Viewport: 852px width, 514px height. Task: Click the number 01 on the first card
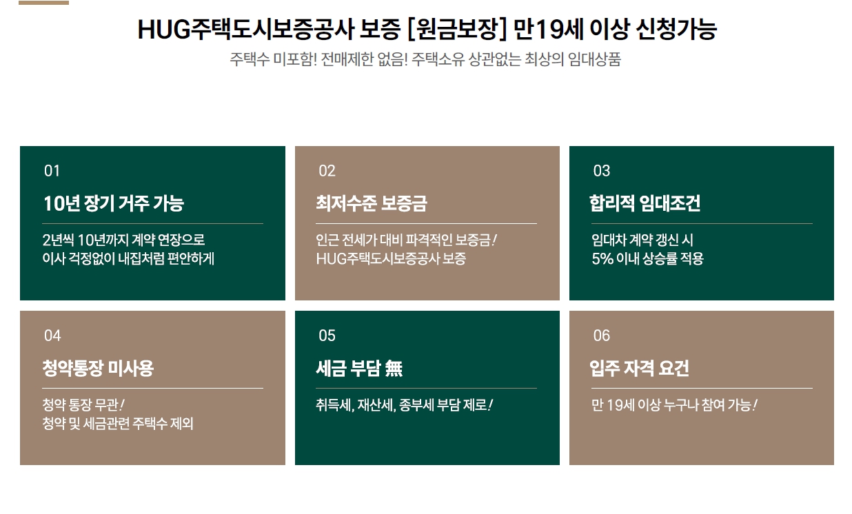[52, 171]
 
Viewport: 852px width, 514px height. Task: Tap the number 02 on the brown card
[327, 171]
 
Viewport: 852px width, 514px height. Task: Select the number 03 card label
[602, 171]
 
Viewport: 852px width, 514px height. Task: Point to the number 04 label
[52, 336]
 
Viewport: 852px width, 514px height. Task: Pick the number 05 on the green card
[327, 336]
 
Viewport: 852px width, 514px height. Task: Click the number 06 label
[602, 336]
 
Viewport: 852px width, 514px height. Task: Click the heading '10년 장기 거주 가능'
[114, 203]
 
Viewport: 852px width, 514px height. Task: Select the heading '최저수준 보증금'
[372, 203]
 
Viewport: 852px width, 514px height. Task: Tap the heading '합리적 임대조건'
[645, 203]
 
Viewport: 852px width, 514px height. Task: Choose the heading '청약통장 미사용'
[98, 368]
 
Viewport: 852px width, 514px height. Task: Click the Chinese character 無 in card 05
[394, 369]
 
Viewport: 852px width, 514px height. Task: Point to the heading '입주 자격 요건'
[640, 368]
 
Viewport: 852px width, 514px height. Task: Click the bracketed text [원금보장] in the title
[457, 29]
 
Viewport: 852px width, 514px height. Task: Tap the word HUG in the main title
[163, 30]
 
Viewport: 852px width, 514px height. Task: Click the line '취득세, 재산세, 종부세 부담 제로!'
[405, 405]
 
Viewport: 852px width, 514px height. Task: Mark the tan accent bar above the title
[43, 3]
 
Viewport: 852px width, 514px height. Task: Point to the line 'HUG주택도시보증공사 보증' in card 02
[391, 259]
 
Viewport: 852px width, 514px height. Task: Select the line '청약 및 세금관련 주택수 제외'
[118, 424]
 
